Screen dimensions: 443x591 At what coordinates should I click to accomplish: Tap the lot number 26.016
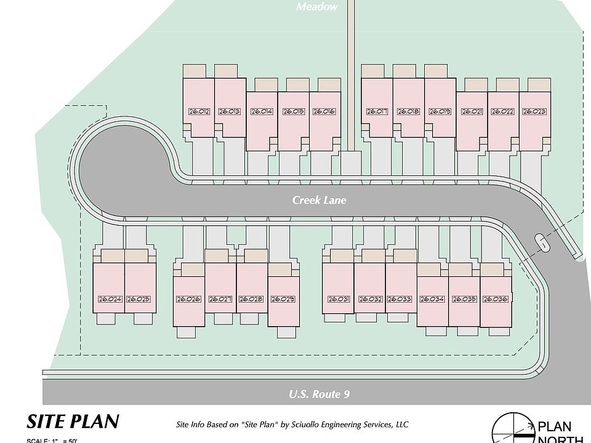coord(324,112)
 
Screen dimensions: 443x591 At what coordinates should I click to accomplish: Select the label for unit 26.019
coord(440,112)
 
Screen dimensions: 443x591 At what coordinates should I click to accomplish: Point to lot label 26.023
coord(534,112)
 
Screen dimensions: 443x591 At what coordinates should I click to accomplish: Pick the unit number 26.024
coord(110,300)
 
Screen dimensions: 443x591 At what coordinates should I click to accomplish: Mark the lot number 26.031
coord(339,300)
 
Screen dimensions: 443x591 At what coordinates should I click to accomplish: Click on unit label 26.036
coord(495,300)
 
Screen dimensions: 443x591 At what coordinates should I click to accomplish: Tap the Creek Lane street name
coord(319,200)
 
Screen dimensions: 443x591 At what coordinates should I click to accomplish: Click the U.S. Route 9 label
coord(319,394)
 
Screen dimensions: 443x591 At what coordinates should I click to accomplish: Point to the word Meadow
coord(317,7)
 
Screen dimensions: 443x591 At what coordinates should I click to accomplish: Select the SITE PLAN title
coord(73,421)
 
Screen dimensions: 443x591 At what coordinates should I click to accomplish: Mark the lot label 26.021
coord(471,112)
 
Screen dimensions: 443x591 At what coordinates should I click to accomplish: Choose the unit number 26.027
coord(220,300)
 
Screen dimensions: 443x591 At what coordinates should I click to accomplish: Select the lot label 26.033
coord(400,300)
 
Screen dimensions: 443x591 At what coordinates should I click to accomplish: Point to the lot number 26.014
coord(262,112)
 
